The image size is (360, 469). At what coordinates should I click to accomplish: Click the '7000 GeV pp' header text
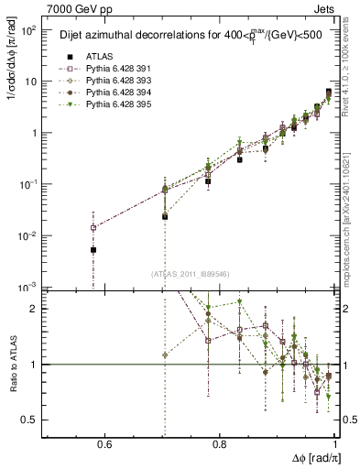coord(76,8)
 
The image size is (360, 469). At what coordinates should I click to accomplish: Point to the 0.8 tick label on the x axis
coord(220,444)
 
